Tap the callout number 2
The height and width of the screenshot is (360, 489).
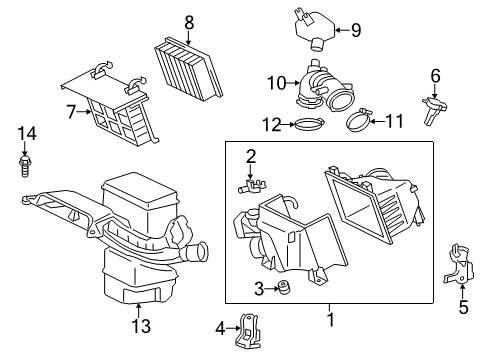252,155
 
